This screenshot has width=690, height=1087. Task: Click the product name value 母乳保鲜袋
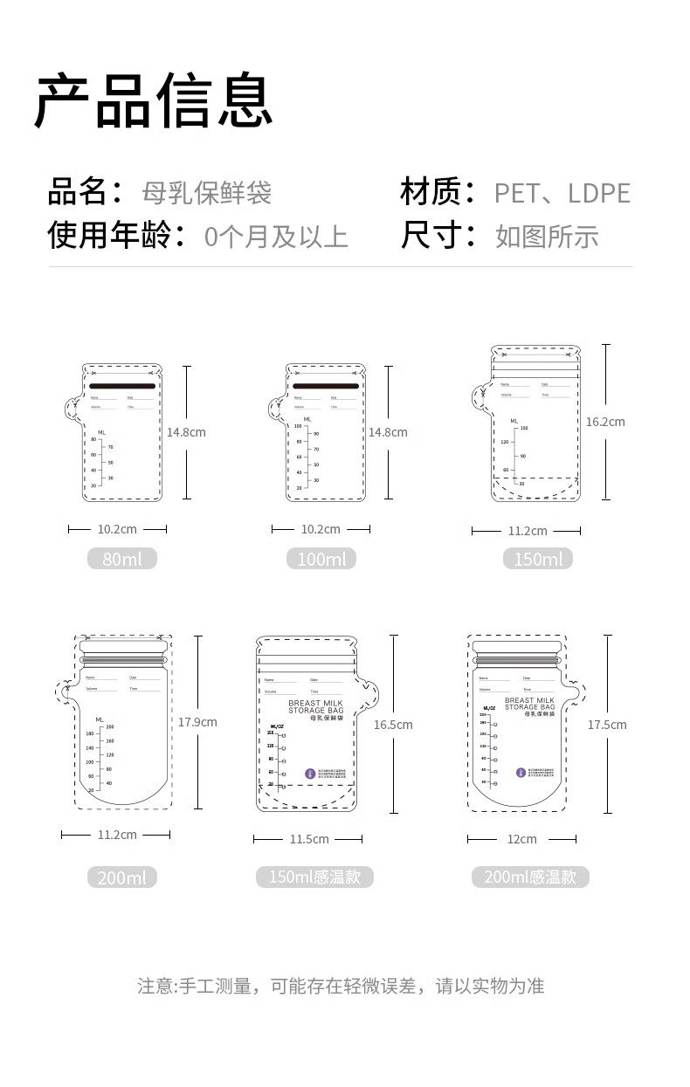tap(207, 192)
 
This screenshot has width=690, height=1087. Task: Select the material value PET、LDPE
tap(562, 193)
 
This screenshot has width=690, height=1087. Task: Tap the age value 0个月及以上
tap(276, 237)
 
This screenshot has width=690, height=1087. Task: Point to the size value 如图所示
tap(547, 237)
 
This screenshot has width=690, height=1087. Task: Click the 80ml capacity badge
tap(122, 559)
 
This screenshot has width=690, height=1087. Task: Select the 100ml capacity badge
tap(321, 559)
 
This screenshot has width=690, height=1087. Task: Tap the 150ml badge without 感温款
tap(538, 559)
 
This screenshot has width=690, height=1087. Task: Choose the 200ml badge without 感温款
tap(122, 877)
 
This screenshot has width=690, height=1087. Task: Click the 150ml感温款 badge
tap(314, 877)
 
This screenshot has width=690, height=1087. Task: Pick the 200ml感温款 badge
tap(530, 877)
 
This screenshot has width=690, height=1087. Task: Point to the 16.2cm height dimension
tap(605, 422)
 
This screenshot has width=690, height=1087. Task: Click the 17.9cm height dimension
tap(197, 722)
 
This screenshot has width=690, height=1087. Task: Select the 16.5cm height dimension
tap(393, 725)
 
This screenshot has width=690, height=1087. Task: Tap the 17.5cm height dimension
tap(607, 725)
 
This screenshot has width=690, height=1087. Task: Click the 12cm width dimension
tap(522, 839)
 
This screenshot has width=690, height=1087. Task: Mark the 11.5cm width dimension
tap(309, 839)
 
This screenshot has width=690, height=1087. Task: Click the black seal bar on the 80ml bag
tap(122, 385)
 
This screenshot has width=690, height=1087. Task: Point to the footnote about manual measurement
tap(341, 987)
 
